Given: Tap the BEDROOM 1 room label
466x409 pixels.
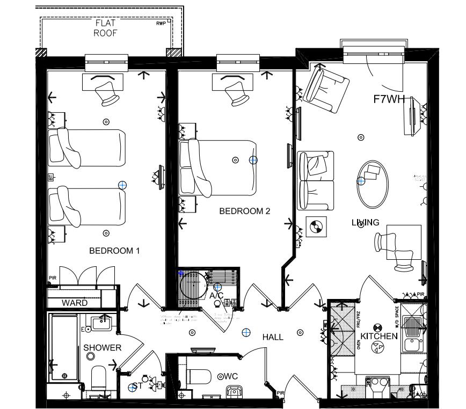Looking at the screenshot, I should click(114, 250).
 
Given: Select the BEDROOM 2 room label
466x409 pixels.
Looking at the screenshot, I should click(244, 211).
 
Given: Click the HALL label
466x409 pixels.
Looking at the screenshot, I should click(273, 337).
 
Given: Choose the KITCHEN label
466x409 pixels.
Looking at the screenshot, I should click(379, 336).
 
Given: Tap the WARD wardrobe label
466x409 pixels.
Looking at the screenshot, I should click(74, 303).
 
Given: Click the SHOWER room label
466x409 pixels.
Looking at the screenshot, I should click(102, 348).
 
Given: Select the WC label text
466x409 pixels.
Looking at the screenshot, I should click(230, 376).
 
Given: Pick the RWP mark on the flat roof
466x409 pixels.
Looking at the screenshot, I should click(161, 24).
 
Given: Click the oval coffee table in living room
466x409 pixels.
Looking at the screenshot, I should click(373, 184).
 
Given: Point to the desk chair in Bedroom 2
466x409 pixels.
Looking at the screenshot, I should click(236, 93).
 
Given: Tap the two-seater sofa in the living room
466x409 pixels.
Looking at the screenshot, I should click(316, 180).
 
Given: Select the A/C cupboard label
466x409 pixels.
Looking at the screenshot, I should click(216, 296).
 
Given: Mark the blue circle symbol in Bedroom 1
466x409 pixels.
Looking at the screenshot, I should click(122, 185).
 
